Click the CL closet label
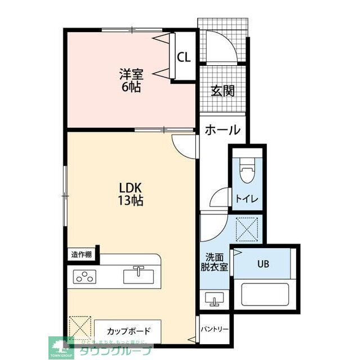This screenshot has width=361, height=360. (184, 57)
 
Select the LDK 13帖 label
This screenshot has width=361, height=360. (130, 193)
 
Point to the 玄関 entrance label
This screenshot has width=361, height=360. (222, 91)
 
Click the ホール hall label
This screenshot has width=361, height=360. (222, 130)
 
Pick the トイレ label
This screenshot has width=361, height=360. (246, 198)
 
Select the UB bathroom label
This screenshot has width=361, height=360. (264, 263)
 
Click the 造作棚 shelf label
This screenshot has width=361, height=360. (82, 254)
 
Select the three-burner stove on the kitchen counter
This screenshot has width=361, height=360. (85, 276)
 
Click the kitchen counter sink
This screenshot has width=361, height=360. (139, 276)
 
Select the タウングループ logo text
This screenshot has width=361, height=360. (115, 350)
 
